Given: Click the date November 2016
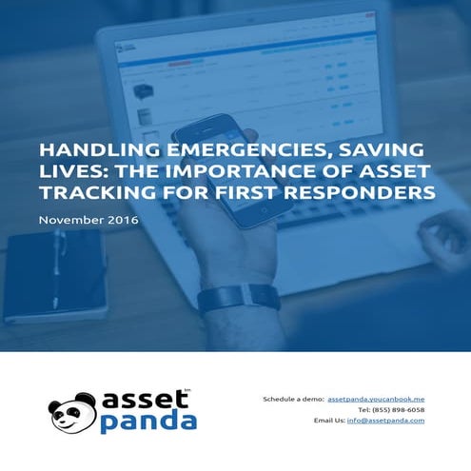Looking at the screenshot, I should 88,221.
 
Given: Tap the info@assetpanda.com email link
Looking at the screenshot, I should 385,420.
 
